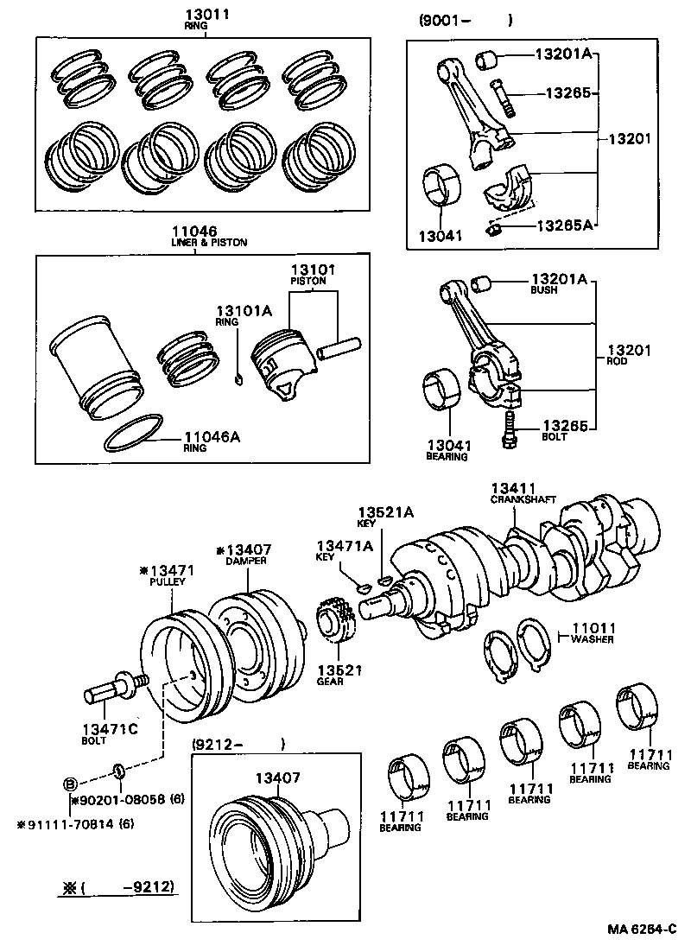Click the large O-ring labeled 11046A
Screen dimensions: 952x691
click(x=134, y=435)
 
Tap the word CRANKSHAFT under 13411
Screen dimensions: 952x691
click(x=523, y=500)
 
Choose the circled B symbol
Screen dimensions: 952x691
click(x=71, y=784)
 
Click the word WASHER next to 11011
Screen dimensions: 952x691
click(x=593, y=639)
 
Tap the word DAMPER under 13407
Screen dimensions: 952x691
click(x=246, y=561)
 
